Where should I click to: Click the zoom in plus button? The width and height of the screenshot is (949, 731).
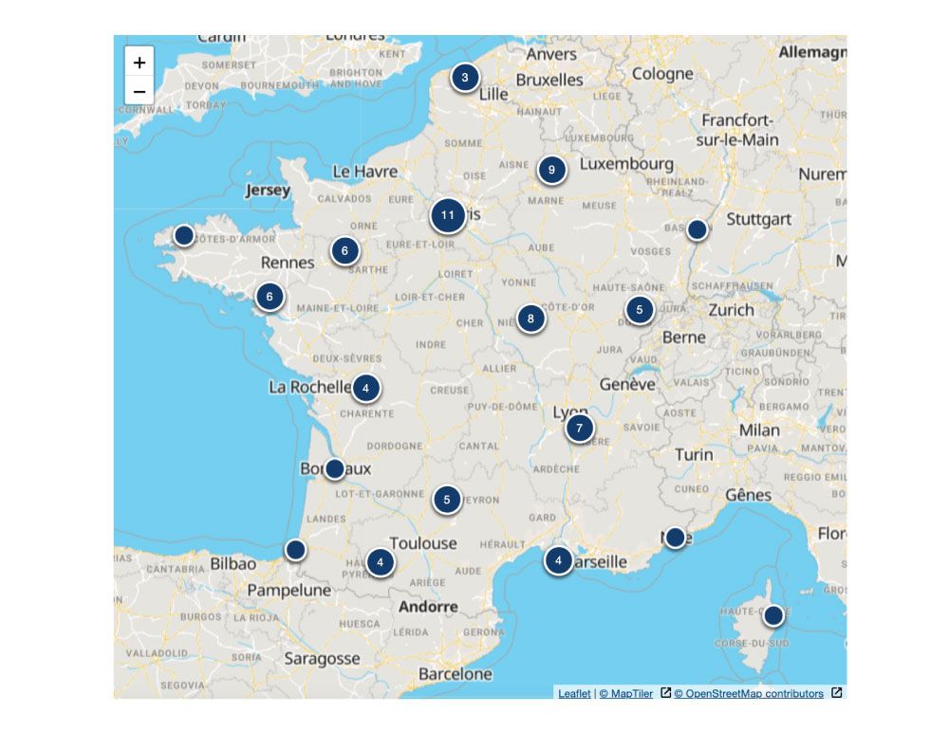pos(140,63)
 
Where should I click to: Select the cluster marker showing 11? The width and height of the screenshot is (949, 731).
pos(448,215)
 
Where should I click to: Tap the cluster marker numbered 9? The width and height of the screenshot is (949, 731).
pos(551,170)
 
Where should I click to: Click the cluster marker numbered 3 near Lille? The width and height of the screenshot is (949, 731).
pos(465,78)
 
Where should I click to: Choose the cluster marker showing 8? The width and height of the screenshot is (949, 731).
pos(530,319)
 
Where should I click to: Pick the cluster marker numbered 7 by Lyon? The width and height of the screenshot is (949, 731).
pos(579,429)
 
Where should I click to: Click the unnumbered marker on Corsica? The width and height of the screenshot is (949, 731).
pos(773,615)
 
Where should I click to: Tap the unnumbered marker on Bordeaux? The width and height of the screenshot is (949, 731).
pos(334,468)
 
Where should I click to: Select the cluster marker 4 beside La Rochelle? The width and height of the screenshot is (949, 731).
pos(366,388)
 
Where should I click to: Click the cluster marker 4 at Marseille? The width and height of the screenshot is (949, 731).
pos(558,560)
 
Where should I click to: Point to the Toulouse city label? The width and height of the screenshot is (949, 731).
pos(423,543)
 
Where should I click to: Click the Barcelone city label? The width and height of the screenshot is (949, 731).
pos(456,674)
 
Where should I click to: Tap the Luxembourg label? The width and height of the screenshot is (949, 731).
pos(626,164)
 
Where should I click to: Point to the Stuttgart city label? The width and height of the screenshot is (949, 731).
pos(758,219)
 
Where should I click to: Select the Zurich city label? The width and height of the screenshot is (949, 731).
pos(731,310)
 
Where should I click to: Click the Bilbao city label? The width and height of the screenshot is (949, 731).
pos(233,564)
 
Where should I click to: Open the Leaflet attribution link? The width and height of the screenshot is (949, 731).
pos(574,694)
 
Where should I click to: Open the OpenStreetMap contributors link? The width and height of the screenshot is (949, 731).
pos(749,694)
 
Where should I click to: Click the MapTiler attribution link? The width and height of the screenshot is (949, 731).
pos(626,694)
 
